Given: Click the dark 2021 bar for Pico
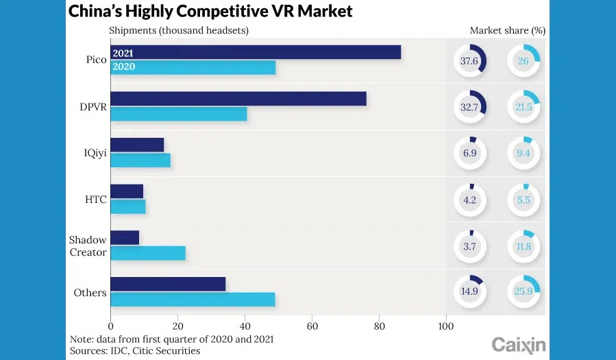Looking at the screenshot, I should tap(256, 52).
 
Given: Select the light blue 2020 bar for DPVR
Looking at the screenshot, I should tap(179, 114).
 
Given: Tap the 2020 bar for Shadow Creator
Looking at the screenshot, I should tap(148, 253).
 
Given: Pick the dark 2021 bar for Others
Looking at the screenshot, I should tap(168, 284).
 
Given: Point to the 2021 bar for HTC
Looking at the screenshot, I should tap(127, 191).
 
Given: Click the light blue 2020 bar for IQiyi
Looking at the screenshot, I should tap(140, 160).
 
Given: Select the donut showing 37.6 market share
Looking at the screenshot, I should tap(469, 60).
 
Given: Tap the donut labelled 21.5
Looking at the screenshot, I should tap(524, 107).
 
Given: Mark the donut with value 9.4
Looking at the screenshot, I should tap(524, 153).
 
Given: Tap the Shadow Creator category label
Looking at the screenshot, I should tap(88, 246).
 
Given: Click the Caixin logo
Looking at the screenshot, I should tap(519, 345).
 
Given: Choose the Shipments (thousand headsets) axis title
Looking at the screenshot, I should tap(178, 30).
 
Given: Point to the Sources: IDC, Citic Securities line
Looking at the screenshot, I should tap(135, 351).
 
